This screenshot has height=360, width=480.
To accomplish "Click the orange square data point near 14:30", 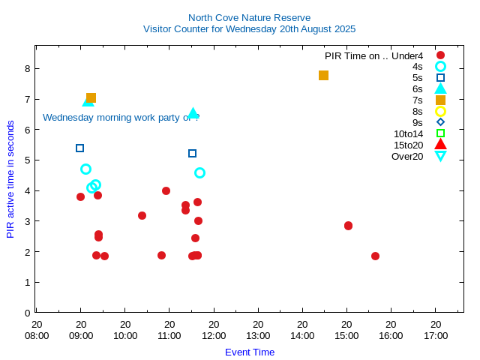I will point(323,75).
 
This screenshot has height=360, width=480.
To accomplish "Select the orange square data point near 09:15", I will point(91,97).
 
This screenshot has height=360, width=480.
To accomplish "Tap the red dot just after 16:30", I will point(375,256).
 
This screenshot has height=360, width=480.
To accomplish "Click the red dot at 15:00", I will point(348,226).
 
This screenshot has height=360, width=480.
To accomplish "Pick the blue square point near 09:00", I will point(79,148).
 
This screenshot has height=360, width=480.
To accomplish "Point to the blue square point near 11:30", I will point(192,153).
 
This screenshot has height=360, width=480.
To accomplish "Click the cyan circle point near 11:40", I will point(199,172).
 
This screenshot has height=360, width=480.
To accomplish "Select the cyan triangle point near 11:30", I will point(193,113).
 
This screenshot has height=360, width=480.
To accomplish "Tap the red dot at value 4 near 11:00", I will point(166,190).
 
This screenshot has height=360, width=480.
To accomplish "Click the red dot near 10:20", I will point(142,215).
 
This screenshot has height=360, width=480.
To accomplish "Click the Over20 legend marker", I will point(440,156).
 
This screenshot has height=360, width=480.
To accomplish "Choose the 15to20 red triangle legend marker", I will point(440,145).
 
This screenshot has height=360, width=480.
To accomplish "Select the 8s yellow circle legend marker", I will point(440,111).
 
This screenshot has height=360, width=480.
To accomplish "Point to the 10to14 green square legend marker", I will point(440,133).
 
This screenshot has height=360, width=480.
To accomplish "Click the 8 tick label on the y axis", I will point(27,68).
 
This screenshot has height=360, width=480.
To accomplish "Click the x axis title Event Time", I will point(250,352).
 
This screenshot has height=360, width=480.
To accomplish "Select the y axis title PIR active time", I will point(10,178).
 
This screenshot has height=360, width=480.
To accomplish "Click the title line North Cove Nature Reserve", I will point(249,17).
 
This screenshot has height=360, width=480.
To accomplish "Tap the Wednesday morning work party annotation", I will point(120,117).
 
